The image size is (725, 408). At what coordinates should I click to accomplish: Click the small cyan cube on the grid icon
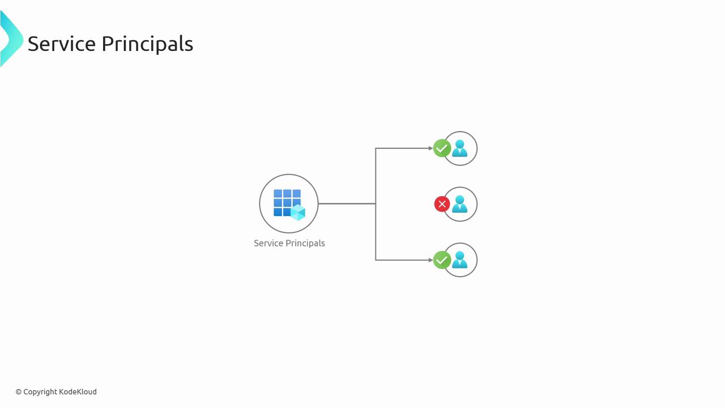(298, 212)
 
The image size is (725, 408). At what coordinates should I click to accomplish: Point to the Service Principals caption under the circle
(289, 243)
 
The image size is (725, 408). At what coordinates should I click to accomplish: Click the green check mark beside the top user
(442, 148)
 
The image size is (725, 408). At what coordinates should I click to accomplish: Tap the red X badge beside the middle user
(442, 204)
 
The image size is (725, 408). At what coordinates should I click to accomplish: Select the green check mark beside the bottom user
(442, 260)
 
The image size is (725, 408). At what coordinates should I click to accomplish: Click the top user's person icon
(460, 148)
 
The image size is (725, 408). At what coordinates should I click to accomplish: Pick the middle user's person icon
(460, 204)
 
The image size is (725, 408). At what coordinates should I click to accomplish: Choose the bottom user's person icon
(460, 260)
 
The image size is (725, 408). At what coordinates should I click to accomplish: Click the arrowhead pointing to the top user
(430, 148)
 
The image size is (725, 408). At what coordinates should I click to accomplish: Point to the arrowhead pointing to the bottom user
(430, 260)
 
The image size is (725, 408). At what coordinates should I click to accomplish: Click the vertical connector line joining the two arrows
(376, 176)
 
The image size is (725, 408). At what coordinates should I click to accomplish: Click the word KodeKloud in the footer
(78, 392)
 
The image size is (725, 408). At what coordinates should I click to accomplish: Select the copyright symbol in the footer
(19, 392)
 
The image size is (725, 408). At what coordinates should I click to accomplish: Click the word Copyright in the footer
(40, 392)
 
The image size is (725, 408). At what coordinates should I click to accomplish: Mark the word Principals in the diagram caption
(305, 243)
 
